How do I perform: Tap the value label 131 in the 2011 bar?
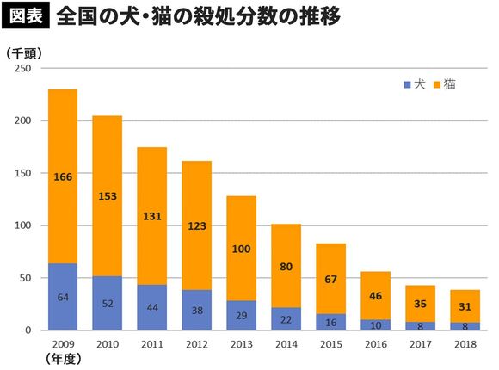click(152, 217)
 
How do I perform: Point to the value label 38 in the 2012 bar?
click(197, 311)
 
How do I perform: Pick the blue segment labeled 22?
click(286, 318)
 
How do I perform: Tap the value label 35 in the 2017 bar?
click(421, 304)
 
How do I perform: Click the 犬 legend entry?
click(414, 84)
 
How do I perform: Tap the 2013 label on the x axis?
click(242, 344)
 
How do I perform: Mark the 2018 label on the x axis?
click(465, 344)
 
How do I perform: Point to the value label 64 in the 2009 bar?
click(63, 298)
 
